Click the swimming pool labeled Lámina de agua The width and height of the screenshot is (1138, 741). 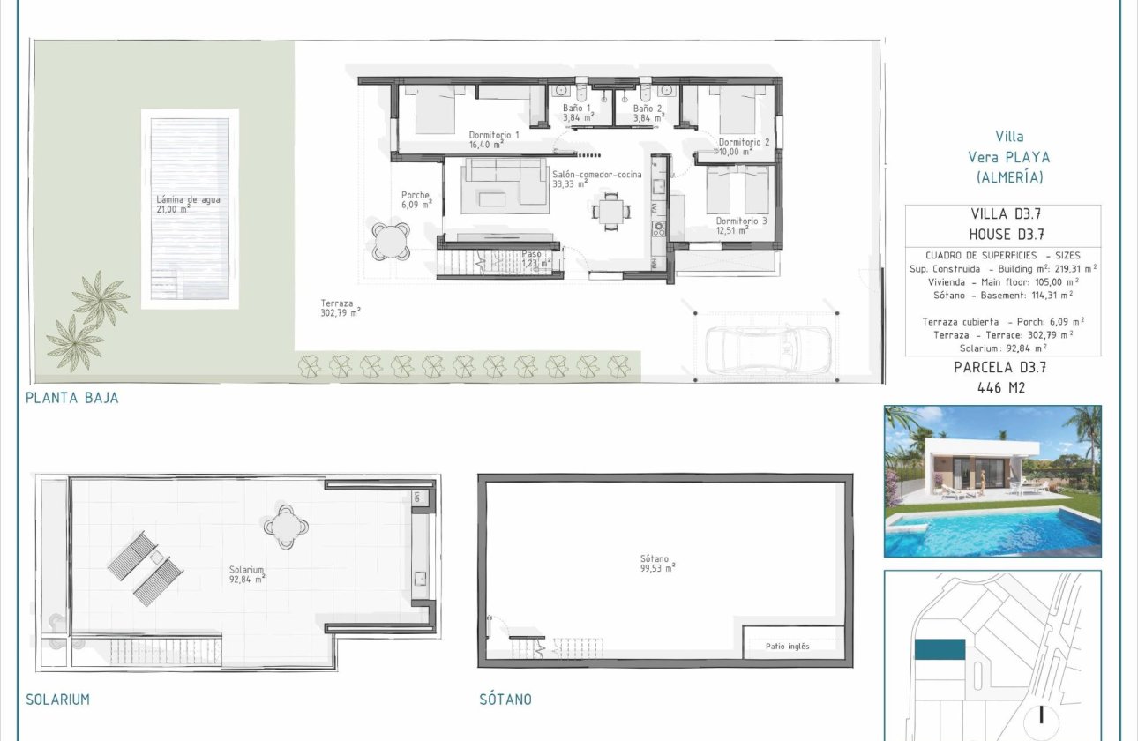click(190, 208)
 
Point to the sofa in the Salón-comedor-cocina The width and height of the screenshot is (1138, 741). click(505, 182)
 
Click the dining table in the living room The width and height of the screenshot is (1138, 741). click(610, 210)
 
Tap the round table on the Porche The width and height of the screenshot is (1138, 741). click(390, 239)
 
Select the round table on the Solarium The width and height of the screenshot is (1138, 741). click(286, 528)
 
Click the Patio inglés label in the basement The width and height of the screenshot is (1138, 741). click(787, 647)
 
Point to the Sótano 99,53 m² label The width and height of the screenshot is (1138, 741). click(658, 563)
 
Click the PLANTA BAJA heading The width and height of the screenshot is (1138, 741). click(72, 398)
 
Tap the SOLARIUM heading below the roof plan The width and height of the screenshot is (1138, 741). click(57, 700)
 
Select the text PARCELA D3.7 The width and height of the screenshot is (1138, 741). click(1002, 368)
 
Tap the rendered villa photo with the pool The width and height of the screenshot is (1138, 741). click(992, 481)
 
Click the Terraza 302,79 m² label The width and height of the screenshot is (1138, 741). click(341, 306)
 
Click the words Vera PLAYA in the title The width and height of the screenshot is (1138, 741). click(1010, 157)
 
